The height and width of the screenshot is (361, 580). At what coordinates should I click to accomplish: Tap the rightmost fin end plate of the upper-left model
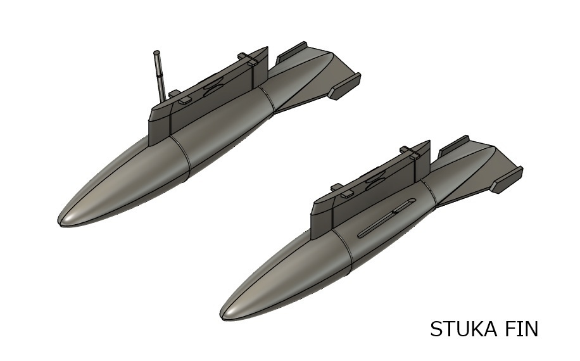[344, 86]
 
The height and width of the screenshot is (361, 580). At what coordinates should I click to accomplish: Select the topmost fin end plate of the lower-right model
[454, 144]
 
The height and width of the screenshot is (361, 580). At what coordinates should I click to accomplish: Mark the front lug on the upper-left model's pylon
[184, 100]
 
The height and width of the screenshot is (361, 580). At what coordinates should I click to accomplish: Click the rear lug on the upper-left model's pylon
[248, 59]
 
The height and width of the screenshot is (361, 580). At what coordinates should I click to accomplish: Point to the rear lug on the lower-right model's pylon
[410, 152]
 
